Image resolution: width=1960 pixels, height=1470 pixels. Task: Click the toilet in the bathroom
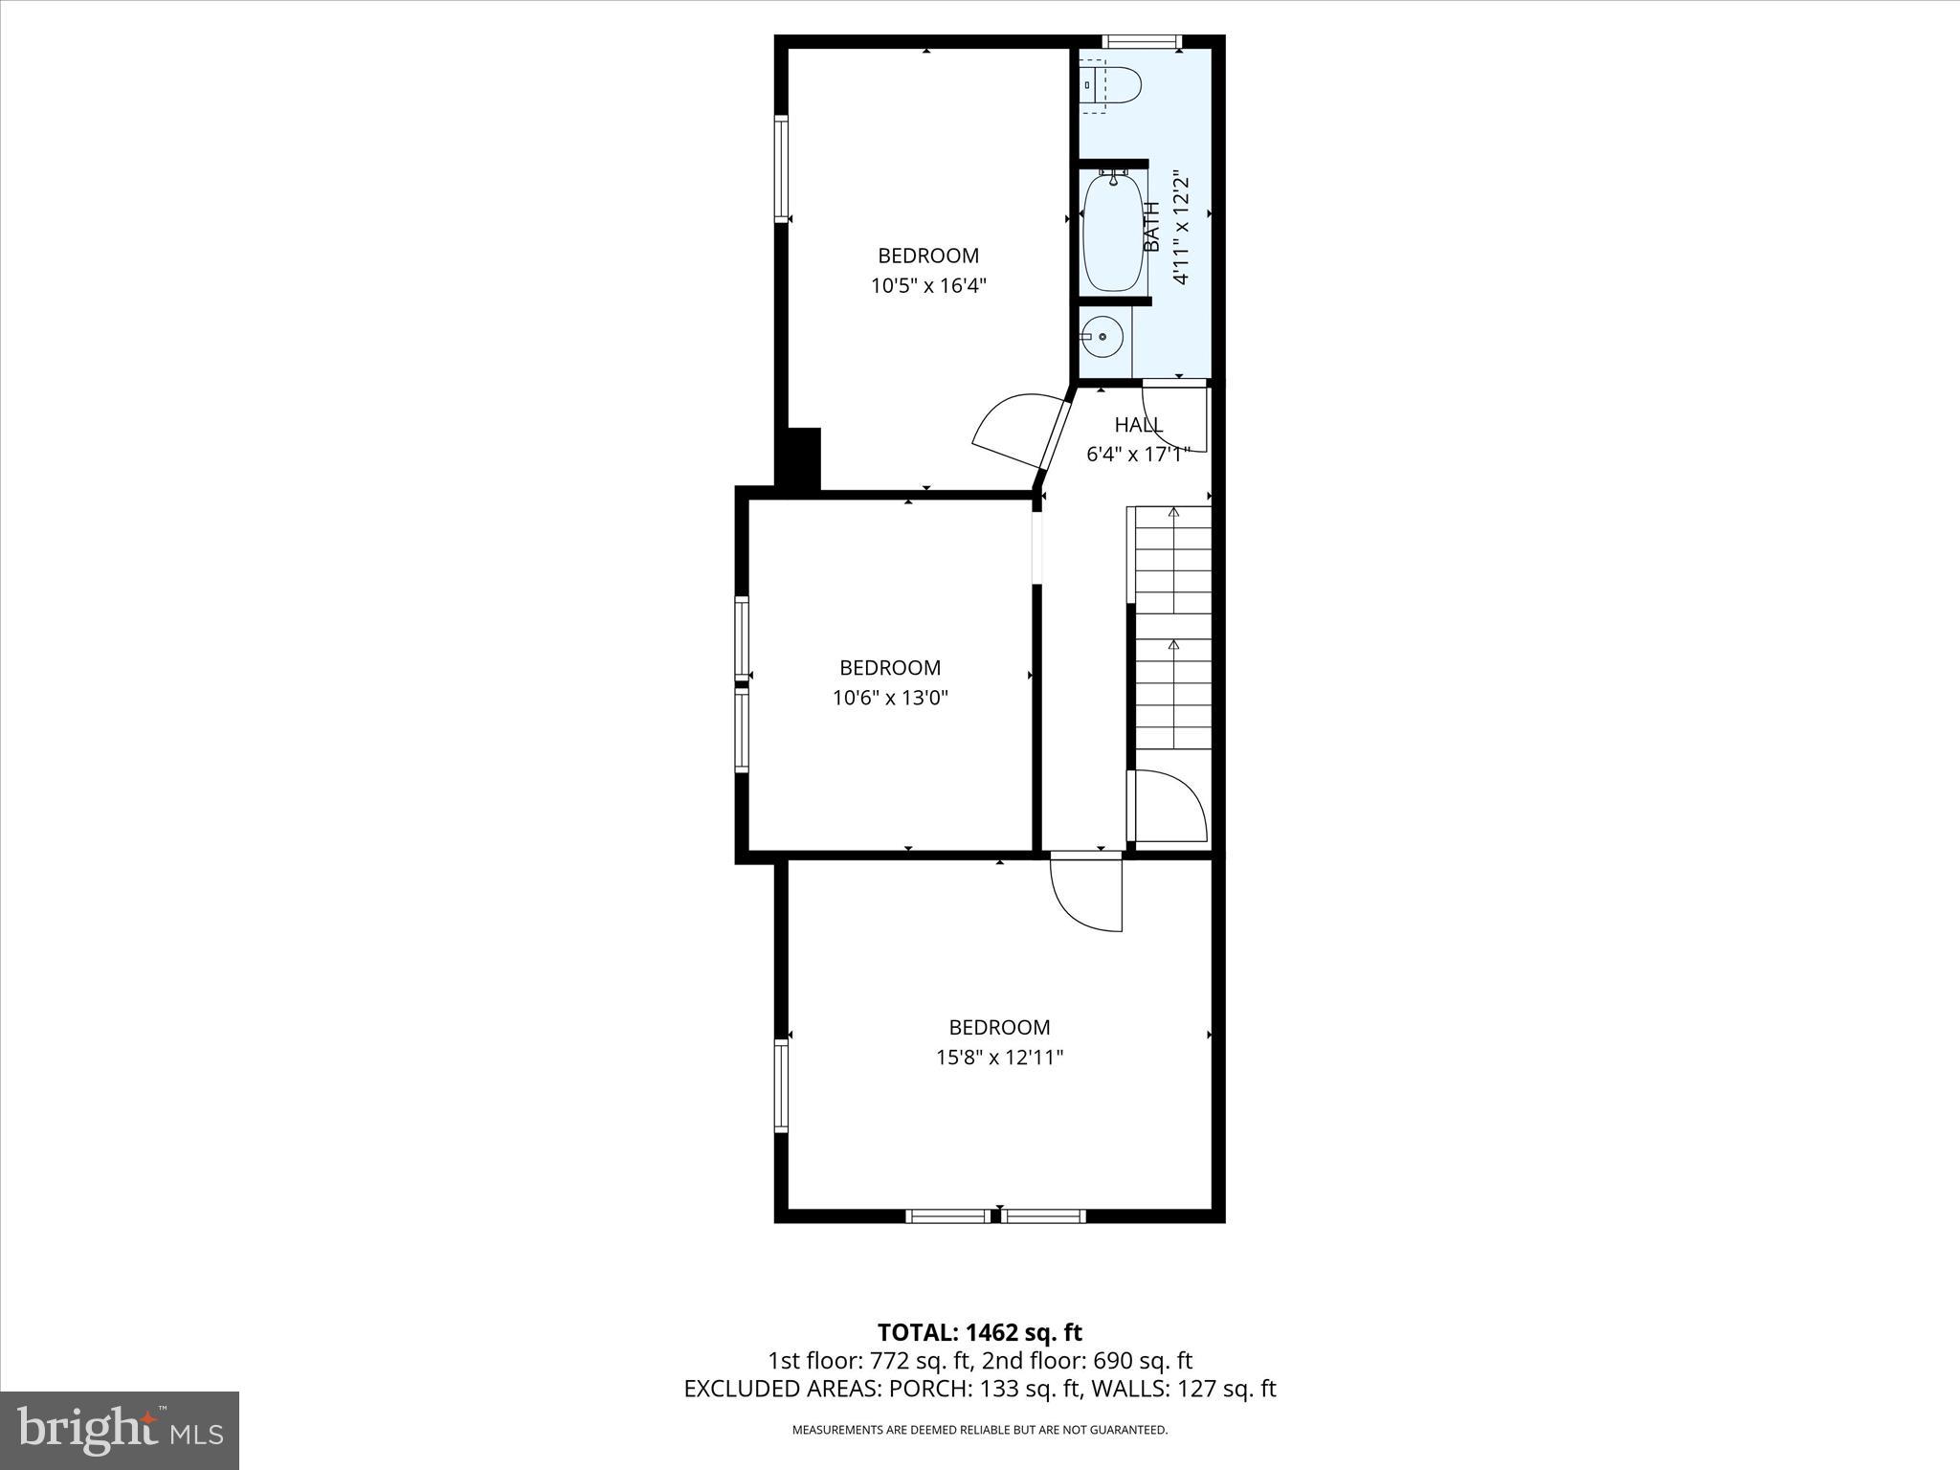(x=1112, y=85)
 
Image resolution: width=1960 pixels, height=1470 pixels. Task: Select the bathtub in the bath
(x=1113, y=234)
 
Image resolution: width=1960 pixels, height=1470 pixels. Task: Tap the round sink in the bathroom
(x=1103, y=337)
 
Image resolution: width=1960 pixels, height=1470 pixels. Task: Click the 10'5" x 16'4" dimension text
(x=927, y=285)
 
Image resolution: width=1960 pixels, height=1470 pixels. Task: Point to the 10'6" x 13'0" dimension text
(x=890, y=698)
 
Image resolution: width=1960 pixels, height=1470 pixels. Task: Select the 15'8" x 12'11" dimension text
(x=999, y=1058)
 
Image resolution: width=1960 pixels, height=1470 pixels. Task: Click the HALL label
(x=1138, y=425)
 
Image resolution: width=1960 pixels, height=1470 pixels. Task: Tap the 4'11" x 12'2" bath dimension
(x=1182, y=229)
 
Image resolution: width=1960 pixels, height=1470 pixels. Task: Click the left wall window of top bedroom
(x=781, y=168)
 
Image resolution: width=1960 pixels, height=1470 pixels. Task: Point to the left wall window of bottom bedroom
(x=781, y=1086)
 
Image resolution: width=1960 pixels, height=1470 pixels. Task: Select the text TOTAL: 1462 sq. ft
(x=980, y=1332)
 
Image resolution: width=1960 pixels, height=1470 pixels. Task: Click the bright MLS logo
(x=120, y=1429)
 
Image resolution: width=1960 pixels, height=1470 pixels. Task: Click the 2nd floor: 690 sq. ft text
(x=1087, y=1360)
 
